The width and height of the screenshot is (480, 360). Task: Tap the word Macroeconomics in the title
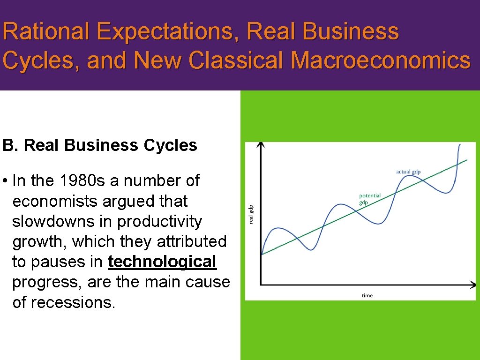[x=380, y=60]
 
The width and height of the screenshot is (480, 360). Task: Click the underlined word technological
[x=162, y=262]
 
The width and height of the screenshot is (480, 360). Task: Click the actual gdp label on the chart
[x=408, y=172]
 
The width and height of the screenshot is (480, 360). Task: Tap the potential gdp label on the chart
[x=370, y=199]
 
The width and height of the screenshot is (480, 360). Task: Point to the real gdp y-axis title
[x=251, y=214]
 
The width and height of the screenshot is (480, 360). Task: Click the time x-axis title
[x=367, y=295]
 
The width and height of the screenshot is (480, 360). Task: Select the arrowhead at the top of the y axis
[x=261, y=145]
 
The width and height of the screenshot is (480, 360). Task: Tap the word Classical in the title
[x=241, y=60]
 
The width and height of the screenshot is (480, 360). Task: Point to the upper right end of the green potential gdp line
[x=466, y=160]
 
